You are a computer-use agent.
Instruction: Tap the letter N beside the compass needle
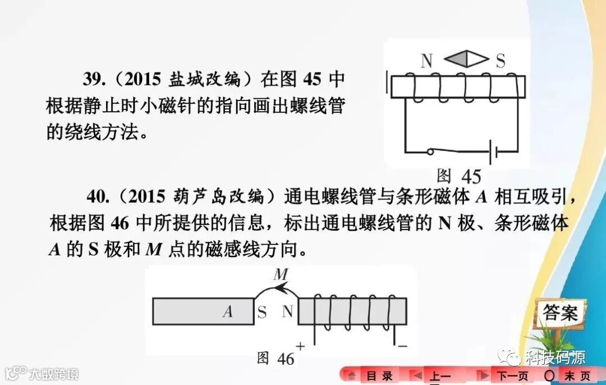point(427,61)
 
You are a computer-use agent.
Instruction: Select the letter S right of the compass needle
point(501,61)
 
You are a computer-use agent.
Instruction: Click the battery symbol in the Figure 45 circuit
point(494,152)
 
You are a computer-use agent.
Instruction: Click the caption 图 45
point(458,176)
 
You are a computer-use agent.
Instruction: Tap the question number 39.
point(96,79)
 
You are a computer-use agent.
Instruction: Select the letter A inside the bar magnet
point(227,312)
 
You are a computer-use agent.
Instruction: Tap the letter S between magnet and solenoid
point(262,313)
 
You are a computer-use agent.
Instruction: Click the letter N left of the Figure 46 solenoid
point(287,312)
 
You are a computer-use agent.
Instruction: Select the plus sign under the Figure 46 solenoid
point(300,346)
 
